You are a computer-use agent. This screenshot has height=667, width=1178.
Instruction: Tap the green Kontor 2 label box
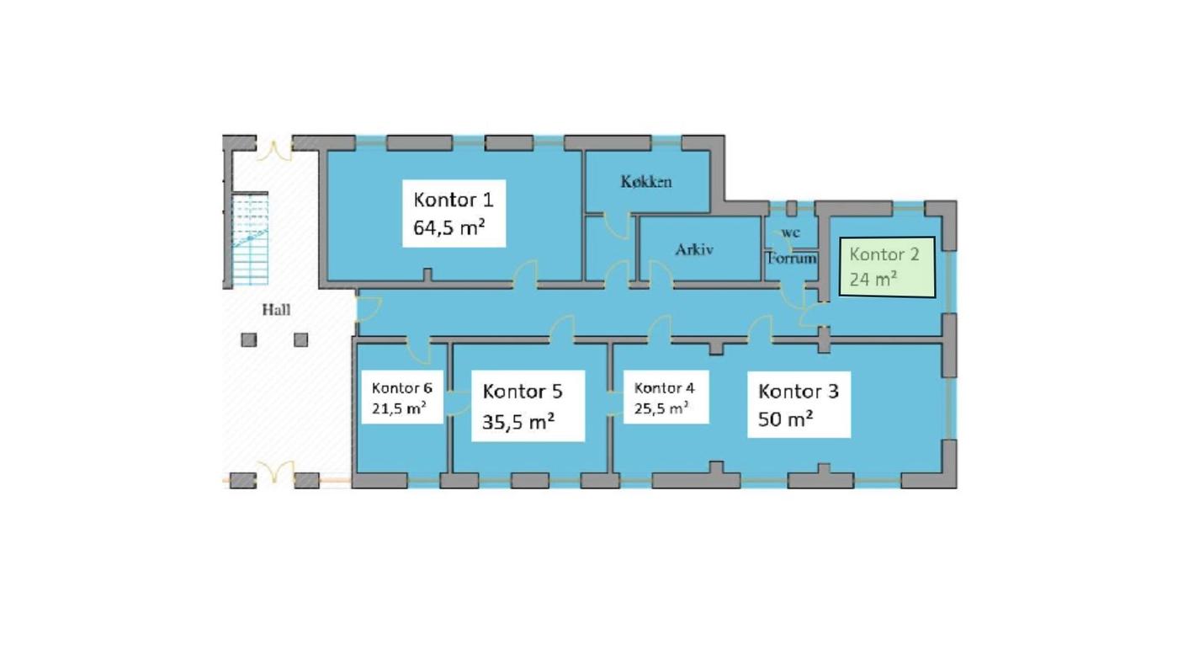[x=887, y=268]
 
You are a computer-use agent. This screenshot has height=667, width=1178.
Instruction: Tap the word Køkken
[x=646, y=182]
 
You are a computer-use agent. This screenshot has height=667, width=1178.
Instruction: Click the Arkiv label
[x=694, y=249]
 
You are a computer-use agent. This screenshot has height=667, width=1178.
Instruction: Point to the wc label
[x=790, y=232]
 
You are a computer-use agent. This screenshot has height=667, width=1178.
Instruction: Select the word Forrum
[x=791, y=258]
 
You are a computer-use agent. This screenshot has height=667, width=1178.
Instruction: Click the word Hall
[x=276, y=310]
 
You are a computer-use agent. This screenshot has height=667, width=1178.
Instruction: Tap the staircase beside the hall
[x=251, y=239]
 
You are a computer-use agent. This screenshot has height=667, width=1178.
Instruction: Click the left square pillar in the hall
[x=249, y=339]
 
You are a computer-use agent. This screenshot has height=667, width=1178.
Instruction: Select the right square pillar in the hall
[x=301, y=339]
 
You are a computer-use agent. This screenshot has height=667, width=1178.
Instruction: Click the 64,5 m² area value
[x=448, y=228]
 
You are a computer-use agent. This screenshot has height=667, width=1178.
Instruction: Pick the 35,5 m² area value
[x=518, y=422]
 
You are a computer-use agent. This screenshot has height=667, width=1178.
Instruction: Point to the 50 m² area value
[x=785, y=419]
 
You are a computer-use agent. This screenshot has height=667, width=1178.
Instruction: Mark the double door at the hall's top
[x=274, y=151]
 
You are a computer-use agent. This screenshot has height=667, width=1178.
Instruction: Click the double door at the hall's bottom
[x=274, y=472]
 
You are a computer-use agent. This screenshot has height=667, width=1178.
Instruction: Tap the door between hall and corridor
[x=369, y=310]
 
